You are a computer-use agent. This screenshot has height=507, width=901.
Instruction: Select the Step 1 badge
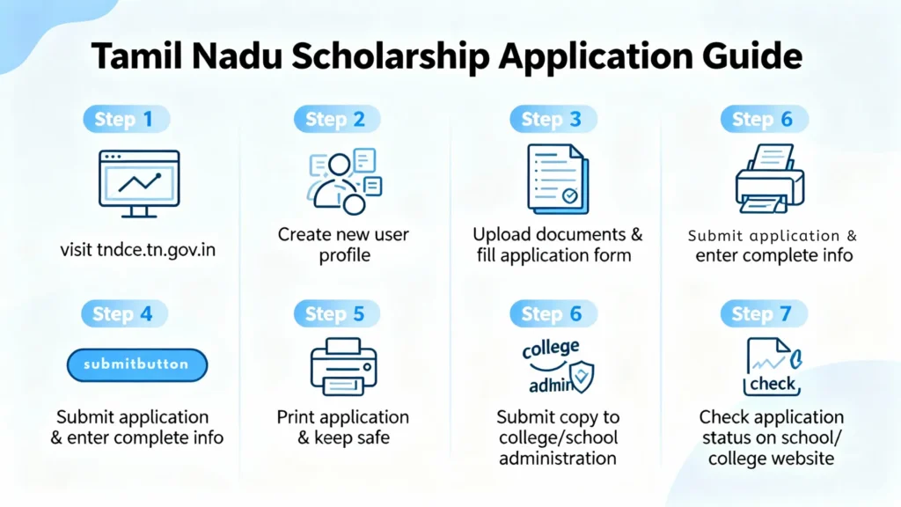click(x=126, y=120)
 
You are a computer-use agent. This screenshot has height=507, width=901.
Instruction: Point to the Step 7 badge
click(x=762, y=314)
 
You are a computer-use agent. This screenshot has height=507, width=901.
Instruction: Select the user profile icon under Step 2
click(x=342, y=181)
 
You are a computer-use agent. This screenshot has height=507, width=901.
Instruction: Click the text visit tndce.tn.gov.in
click(x=138, y=251)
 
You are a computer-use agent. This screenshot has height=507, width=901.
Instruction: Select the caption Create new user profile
click(x=343, y=245)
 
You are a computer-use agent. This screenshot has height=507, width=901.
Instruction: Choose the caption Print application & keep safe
click(x=343, y=427)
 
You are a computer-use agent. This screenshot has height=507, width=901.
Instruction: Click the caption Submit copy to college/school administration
click(x=558, y=437)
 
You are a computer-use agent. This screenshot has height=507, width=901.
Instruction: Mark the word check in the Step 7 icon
click(x=773, y=385)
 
